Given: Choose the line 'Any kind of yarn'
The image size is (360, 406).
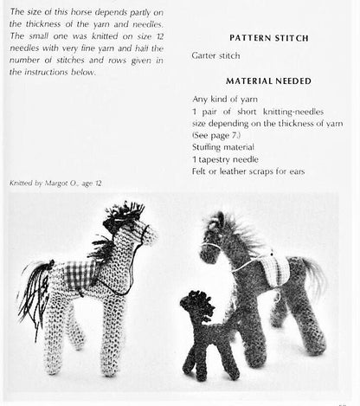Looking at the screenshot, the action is pos(225,99).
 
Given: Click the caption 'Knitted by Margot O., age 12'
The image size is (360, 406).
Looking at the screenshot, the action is pos(55,184).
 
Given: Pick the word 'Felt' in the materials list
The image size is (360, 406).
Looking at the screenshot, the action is pos(200,172).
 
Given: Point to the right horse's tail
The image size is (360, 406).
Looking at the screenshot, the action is pos(318,278).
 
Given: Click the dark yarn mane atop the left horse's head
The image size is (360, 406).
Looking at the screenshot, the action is pos(125,213).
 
